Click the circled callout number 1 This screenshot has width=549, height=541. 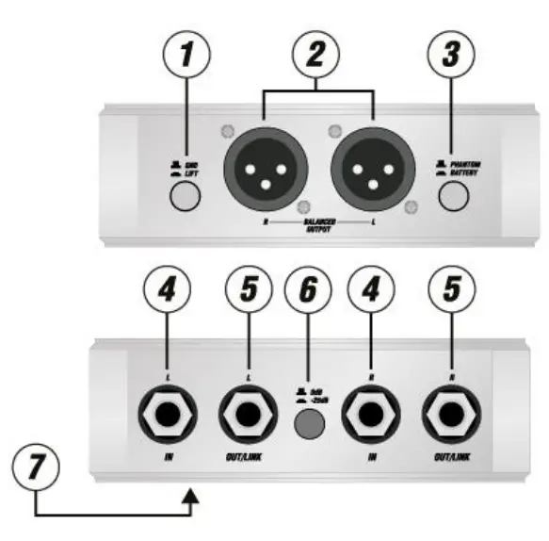pyautogui.click(x=192, y=55)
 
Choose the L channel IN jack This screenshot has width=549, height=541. pyautogui.click(x=166, y=413)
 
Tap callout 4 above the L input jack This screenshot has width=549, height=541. pyautogui.click(x=166, y=293)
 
